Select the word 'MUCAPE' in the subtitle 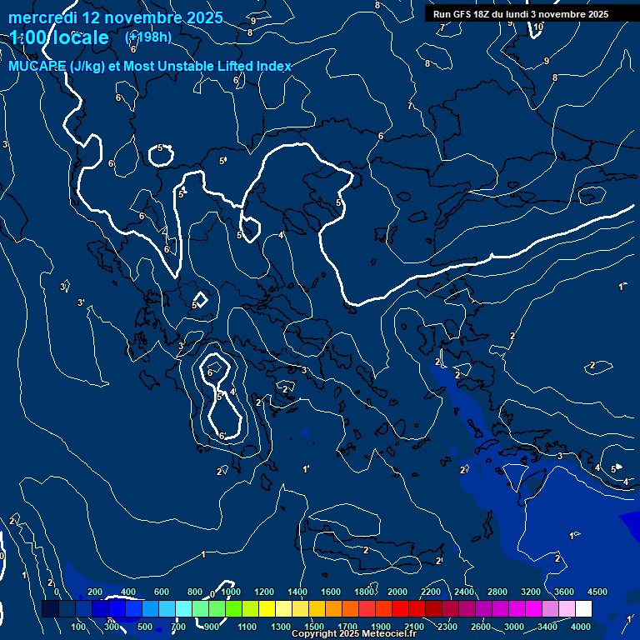coord(37,67)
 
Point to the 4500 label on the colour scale coord(597,592)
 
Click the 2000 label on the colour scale coord(397,592)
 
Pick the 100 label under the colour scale coord(79,627)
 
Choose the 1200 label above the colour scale coord(264,592)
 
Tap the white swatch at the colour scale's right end coord(583,610)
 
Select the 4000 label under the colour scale coord(581,627)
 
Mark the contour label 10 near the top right coord(538,27)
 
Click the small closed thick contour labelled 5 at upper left coord(160,153)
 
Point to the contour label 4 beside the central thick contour coord(281,235)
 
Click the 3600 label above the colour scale coord(564,592)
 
